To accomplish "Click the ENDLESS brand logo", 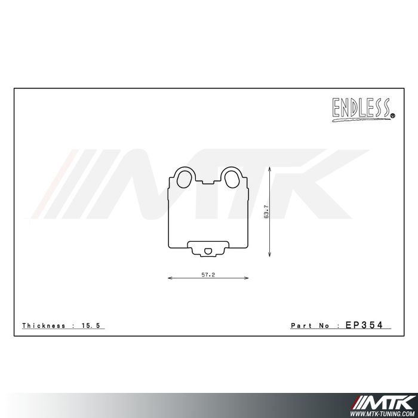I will click(361, 109).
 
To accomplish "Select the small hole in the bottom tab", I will click(207, 251).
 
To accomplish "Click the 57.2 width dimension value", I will click(207, 274).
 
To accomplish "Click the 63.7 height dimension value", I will click(266, 213).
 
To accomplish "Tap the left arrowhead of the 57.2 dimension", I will click(170, 278).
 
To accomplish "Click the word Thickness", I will click(43, 325).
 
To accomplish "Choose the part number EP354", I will click(368, 325).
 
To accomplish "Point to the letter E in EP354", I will click(349, 325).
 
